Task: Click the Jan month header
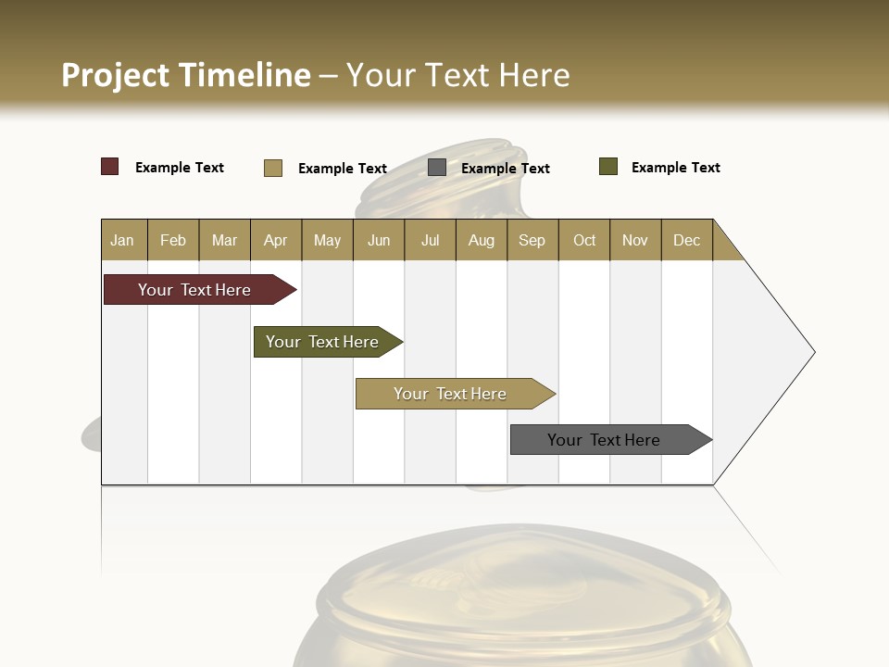point(123,240)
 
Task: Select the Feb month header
point(173,240)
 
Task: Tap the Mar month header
point(224,240)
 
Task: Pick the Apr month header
point(276,240)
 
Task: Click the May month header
point(327,240)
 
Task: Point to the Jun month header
point(379,240)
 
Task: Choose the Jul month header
point(430,240)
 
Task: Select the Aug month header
point(482,240)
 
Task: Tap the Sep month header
point(532,240)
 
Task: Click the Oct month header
point(584,240)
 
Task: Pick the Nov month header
point(635,240)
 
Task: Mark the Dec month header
point(687,240)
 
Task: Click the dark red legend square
point(110,167)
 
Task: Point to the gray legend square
point(437,168)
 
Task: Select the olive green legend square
point(608,167)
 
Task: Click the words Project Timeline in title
point(186,75)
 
